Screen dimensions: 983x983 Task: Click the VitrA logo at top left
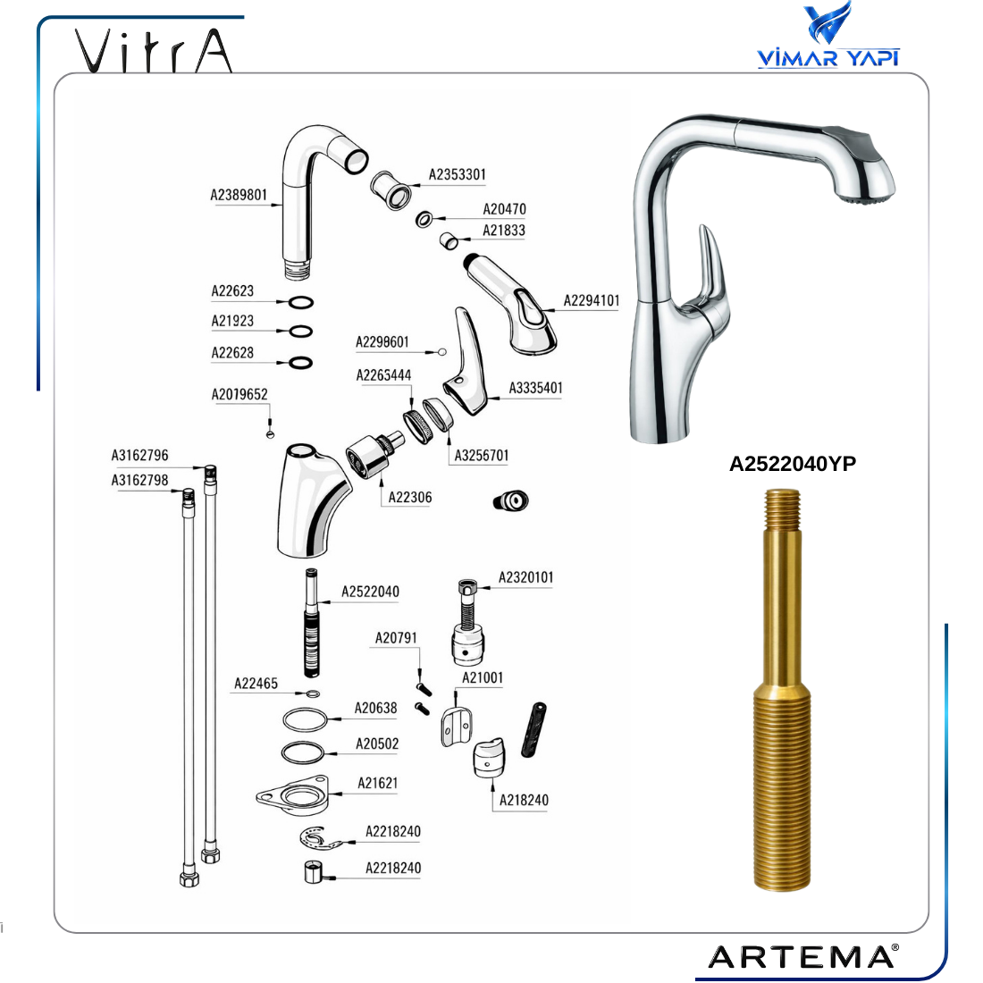click(154, 50)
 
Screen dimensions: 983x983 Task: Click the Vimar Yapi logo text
click(828, 58)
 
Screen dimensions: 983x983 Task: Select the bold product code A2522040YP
click(793, 463)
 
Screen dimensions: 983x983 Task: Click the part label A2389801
click(239, 195)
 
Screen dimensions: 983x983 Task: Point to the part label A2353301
click(457, 174)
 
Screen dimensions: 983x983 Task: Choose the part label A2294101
click(592, 300)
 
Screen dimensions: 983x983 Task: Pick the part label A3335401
click(535, 388)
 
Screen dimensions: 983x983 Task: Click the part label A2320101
click(525, 577)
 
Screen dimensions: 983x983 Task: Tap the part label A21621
click(377, 783)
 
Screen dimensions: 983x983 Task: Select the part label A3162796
click(139, 455)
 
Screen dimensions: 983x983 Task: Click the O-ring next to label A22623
click(301, 303)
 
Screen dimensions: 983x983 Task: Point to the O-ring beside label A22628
click(300, 363)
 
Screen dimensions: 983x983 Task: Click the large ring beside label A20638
click(305, 719)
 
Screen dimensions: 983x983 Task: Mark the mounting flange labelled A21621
click(293, 795)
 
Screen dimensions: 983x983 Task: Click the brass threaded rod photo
click(782, 690)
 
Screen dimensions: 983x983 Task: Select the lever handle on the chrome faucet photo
click(711, 270)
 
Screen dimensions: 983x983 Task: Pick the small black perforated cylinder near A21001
click(534, 730)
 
